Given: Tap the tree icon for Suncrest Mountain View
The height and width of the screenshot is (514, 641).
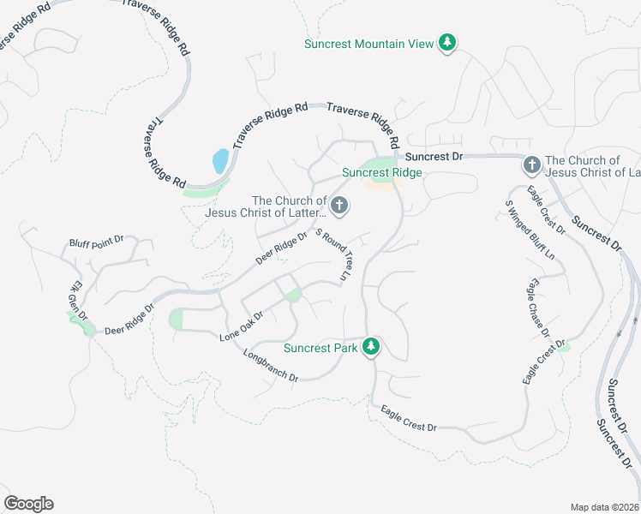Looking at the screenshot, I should tap(446, 42).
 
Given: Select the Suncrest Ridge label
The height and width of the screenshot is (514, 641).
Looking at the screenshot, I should tap(382, 172).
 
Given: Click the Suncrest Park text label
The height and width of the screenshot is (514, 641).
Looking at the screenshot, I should tap(320, 348).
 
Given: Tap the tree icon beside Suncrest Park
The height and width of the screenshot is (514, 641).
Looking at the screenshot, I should tap(371, 347).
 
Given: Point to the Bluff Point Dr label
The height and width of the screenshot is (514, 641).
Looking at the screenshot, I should tap(96, 243).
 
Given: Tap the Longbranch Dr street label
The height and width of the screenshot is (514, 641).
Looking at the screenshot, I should tap(270, 365).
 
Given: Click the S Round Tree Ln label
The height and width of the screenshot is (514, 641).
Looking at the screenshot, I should tap(335, 254).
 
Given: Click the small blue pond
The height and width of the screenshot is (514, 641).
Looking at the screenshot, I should tap(220, 160).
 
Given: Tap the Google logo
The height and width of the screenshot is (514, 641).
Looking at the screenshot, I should tap(28, 504).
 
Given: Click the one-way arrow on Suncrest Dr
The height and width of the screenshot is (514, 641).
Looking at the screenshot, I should tap(619, 332).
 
